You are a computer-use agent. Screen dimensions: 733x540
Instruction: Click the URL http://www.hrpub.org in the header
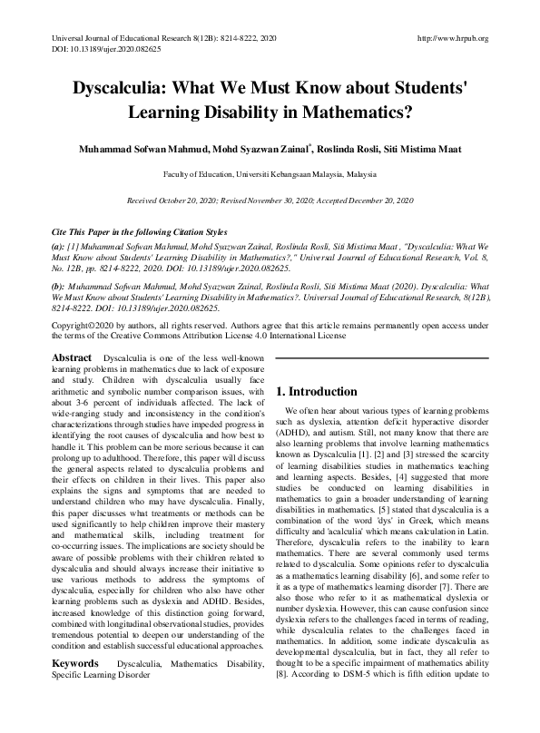(451, 38)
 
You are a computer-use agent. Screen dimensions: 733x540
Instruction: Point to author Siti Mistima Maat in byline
(438, 148)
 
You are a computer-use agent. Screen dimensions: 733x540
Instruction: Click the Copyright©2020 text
(82, 324)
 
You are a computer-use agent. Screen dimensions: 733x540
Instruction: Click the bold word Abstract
(73, 358)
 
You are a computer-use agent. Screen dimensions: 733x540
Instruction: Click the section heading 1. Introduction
(318, 392)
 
